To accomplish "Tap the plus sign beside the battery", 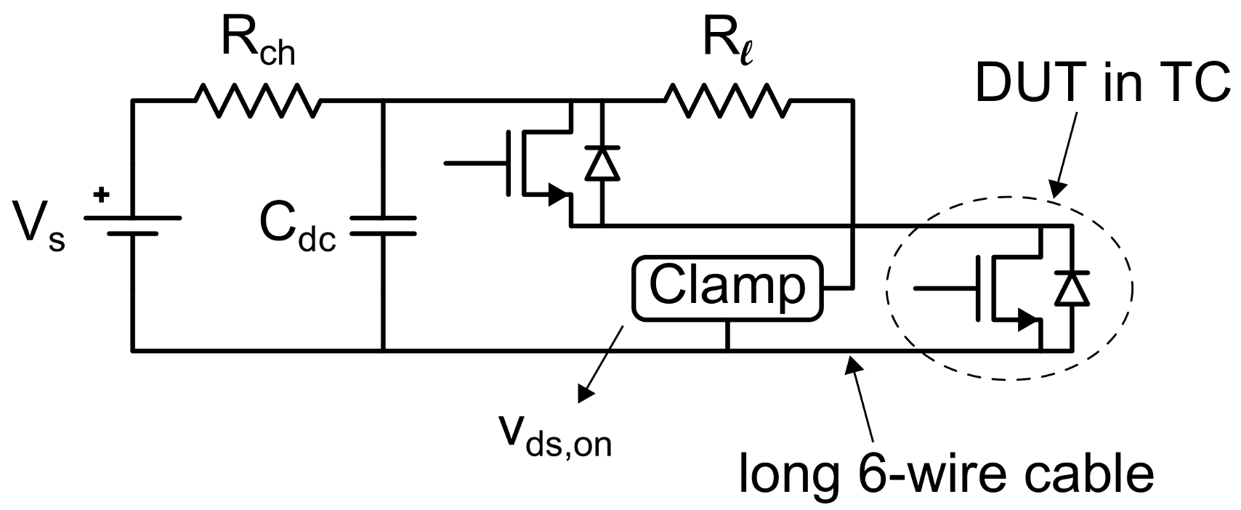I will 102,195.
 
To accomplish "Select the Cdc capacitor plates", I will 383,225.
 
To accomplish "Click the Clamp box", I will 727,288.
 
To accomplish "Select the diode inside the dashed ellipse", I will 1072,288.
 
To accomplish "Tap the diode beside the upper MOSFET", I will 602,163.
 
